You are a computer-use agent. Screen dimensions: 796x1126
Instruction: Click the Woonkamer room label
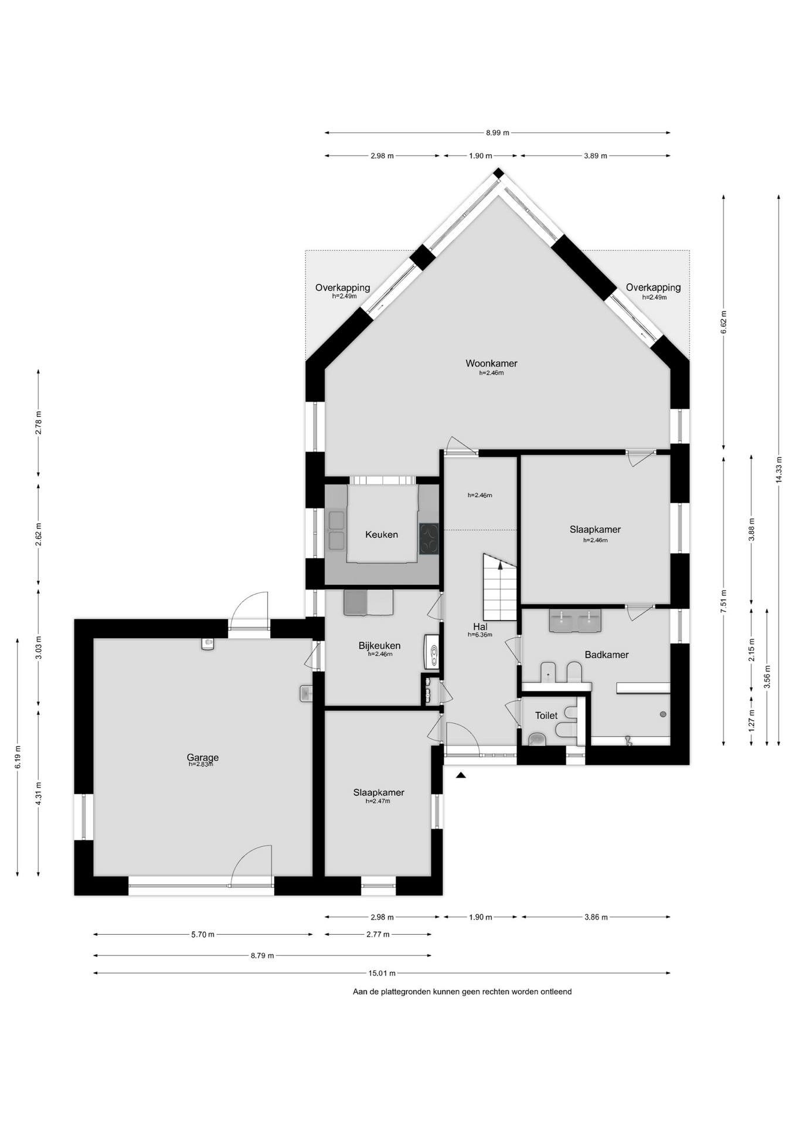click(x=491, y=363)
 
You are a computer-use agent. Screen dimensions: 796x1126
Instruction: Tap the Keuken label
click(x=382, y=534)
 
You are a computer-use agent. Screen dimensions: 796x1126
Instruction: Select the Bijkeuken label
click(x=380, y=646)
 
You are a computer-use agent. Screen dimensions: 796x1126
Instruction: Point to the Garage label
click(x=203, y=757)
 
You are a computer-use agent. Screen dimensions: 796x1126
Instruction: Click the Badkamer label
click(x=607, y=654)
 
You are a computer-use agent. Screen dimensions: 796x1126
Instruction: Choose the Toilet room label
click(x=546, y=715)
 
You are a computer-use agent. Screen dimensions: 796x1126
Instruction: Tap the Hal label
click(x=481, y=627)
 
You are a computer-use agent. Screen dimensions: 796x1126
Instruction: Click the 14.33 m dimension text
click(x=778, y=470)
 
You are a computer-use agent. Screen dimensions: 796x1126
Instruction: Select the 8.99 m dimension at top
click(x=498, y=133)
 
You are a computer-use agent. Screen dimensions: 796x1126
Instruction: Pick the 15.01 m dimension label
click(x=382, y=973)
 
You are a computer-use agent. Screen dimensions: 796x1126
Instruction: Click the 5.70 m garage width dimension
click(x=203, y=934)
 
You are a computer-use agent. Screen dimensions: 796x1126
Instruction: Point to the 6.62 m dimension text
click(x=723, y=322)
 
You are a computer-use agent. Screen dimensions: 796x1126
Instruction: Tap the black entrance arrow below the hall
click(x=461, y=775)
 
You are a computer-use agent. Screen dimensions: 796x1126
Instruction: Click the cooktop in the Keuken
click(x=429, y=538)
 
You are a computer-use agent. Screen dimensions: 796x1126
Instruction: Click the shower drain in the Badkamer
click(x=663, y=714)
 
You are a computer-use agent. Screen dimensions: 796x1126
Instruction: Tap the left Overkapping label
click(x=343, y=287)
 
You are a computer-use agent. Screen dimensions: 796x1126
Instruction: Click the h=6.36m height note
click(x=480, y=635)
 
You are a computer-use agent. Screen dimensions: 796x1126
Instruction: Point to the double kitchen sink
click(x=336, y=531)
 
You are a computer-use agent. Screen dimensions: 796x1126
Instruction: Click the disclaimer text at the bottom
click(x=462, y=992)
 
